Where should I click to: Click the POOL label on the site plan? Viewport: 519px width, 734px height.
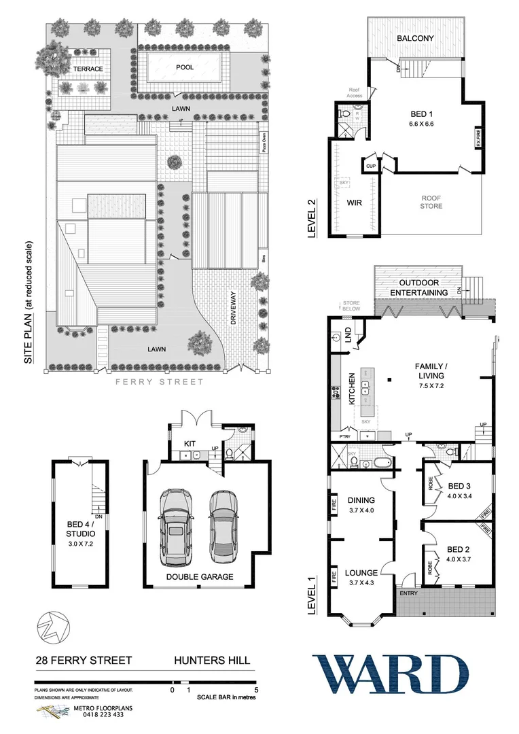click(x=184, y=68)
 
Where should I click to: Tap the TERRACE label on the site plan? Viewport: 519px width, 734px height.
click(x=88, y=69)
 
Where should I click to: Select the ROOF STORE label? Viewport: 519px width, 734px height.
click(x=431, y=202)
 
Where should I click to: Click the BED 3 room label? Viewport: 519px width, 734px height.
click(x=459, y=486)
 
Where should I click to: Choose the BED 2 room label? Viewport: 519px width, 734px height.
click(x=459, y=549)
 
